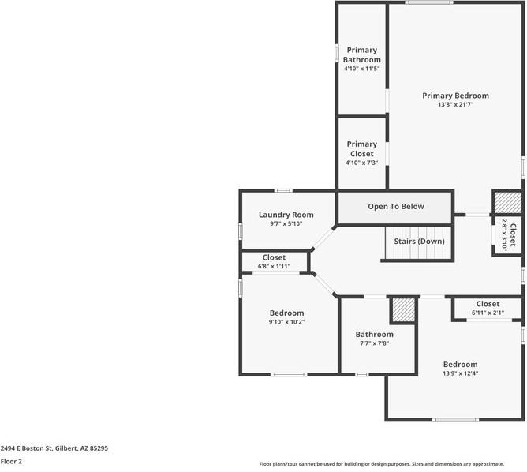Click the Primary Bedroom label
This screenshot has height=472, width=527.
point(455,96)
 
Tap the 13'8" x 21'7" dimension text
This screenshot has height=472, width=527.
point(455,104)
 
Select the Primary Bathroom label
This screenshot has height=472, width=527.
point(361,54)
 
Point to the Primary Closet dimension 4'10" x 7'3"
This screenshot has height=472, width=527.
point(361,163)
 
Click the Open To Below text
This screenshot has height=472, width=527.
point(396,207)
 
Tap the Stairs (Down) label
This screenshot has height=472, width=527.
point(419,242)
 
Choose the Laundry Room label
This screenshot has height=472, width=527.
point(286,215)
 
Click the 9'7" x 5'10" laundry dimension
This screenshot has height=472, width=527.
point(286,223)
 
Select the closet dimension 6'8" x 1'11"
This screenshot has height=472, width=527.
point(274,266)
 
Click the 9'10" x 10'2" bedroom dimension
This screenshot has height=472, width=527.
point(286,322)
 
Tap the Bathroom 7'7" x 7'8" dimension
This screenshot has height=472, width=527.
point(374,343)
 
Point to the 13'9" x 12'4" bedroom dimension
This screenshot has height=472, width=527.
point(460,373)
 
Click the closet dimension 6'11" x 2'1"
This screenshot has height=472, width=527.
point(488,313)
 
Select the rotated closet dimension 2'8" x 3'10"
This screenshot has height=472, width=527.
point(504,234)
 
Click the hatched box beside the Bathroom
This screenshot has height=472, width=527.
point(404,309)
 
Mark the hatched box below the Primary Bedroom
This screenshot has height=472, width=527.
point(508,202)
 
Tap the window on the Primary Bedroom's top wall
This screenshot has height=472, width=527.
point(428,2)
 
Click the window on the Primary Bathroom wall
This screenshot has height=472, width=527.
point(336,53)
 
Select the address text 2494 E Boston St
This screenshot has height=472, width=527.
point(27,448)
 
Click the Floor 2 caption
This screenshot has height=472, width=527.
point(11,461)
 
